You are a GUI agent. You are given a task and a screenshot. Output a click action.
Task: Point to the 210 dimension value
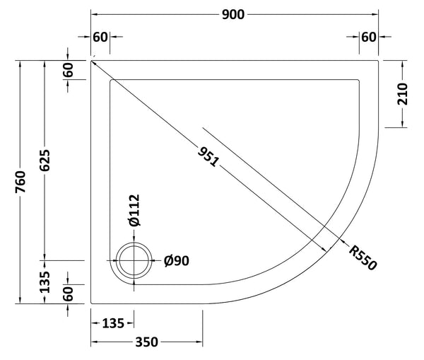click(404, 94)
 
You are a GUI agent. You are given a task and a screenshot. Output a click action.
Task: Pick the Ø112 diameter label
click(134, 211)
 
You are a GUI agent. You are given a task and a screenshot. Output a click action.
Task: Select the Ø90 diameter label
click(176, 261)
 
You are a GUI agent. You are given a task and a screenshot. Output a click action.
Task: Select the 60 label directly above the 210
click(368, 37)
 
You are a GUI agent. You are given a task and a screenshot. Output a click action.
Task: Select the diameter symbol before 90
click(168, 261)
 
